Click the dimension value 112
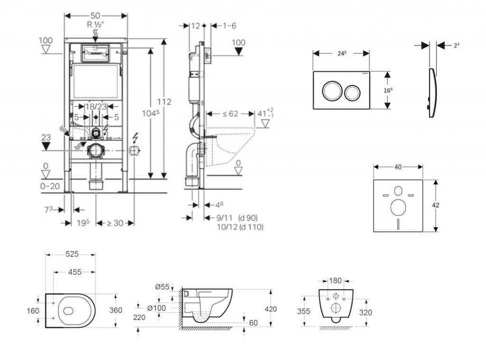pos(164,102)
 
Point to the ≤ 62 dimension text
pos(231,114)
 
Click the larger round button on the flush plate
pos(331,90)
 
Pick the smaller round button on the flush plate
pos(352,92)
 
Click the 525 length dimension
pos(71,255)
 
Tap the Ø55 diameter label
pos(163,286)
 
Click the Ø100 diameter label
pos(156,308)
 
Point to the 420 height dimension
pos(271,309)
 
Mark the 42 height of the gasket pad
pos(436,205)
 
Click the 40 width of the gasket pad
pos(398,167)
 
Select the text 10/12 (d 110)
pos(240,227)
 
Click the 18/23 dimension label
pos(95,107)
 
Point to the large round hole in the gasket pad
pos(398,208)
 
